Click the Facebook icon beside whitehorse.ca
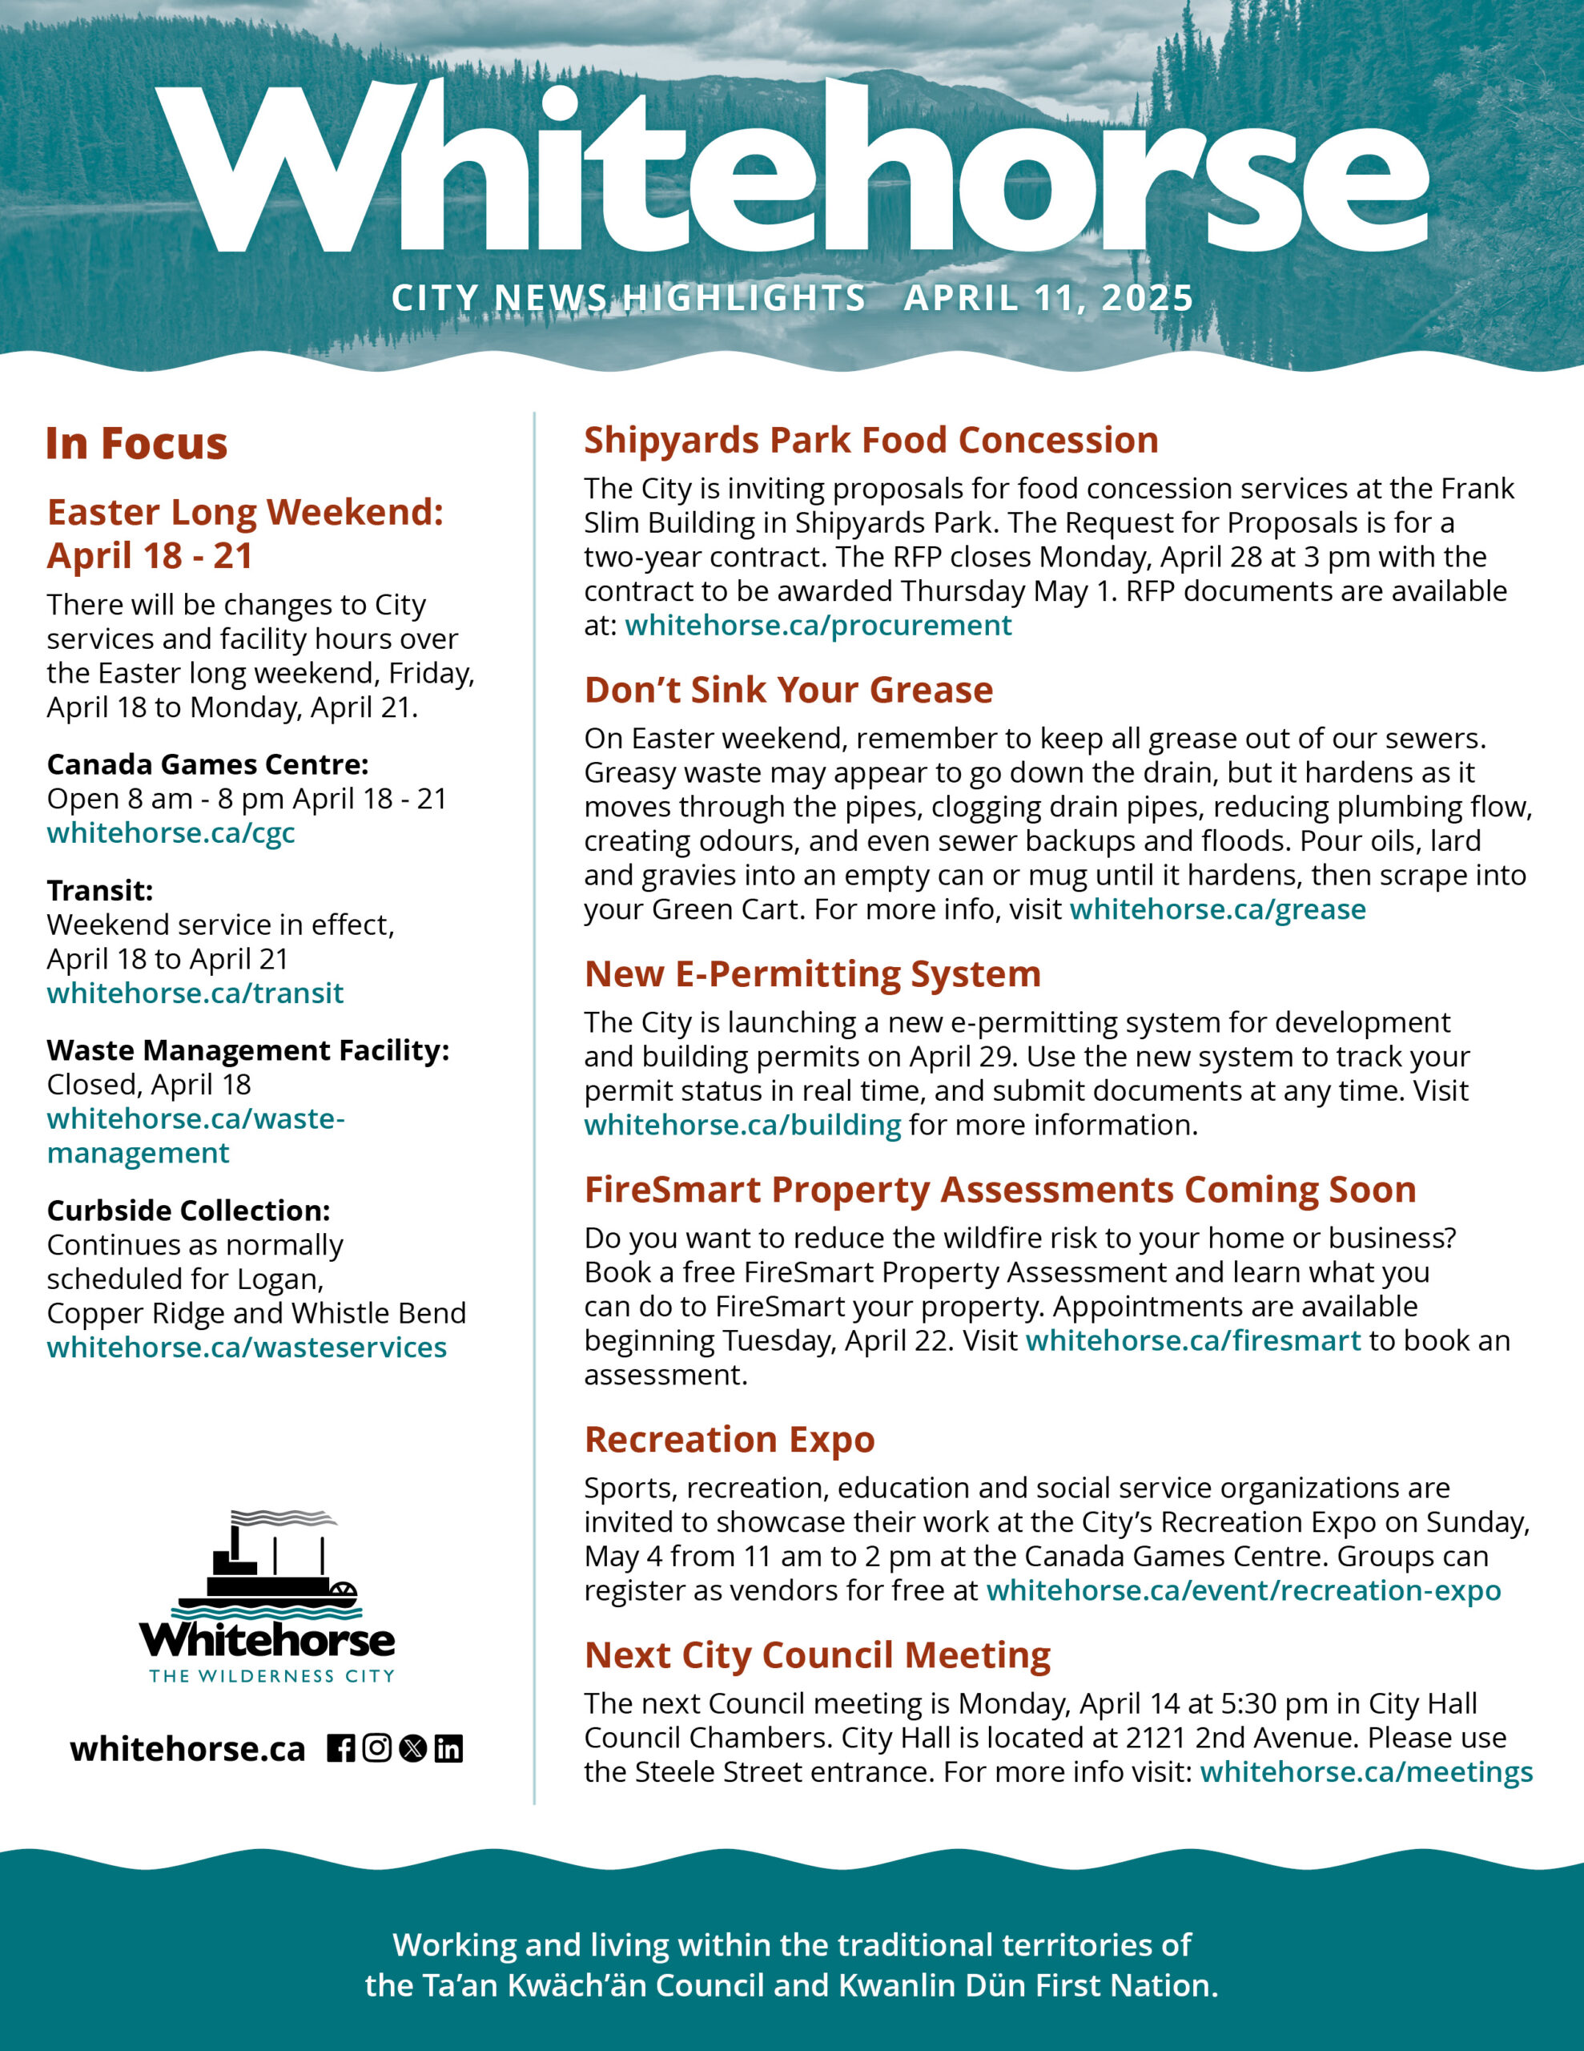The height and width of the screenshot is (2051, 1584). pos(341,1749)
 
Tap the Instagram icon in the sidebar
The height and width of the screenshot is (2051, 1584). pos(376,1749)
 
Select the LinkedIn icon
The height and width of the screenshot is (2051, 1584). pos(448,1749)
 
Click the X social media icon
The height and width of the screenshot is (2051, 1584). pos(413,1749)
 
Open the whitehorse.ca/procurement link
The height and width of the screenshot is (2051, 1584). pos(818,626)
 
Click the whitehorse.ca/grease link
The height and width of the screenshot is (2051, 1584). pos(1217,909)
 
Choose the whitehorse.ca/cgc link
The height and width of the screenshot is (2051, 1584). pos(171,833)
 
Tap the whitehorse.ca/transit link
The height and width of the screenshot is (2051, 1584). pos(195,993)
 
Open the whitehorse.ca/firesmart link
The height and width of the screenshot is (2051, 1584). pos(1192,1340)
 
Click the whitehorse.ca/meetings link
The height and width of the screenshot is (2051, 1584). pos(1366,1772)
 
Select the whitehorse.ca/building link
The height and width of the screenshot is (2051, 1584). pos(742,1125)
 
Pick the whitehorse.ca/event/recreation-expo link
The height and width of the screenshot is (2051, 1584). pos(1243,1591)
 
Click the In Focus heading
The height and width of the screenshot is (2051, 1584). pos(137,444)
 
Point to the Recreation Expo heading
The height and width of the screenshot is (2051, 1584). pos(730,1440)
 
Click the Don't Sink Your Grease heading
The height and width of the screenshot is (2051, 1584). pos(789,691)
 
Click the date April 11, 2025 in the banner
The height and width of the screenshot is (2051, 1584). pos(1048,299)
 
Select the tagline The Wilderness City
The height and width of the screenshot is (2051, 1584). pos(271,1676)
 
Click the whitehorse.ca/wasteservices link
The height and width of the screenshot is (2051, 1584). pos(247,1348)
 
